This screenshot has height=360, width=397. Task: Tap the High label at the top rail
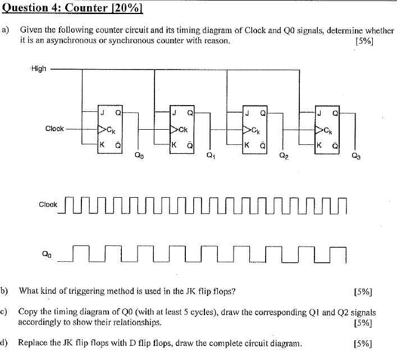[x=39, y=69]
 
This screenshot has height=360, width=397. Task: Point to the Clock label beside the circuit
[x=54, y=129]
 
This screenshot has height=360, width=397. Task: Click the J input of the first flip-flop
[x=102, y=112]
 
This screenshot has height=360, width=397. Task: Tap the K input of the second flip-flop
[x=175, y=144]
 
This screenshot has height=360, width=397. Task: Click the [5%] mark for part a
[x=365, y=41]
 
